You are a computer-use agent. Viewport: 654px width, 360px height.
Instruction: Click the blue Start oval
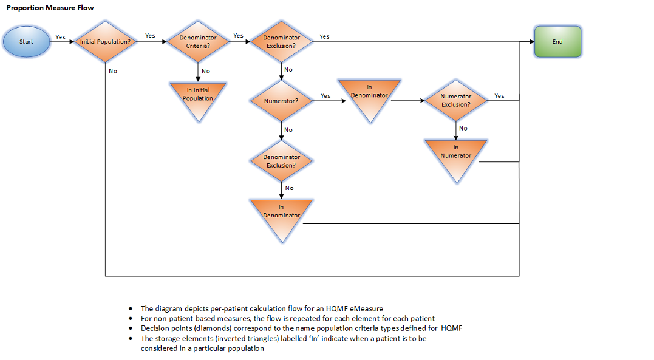(26, 42)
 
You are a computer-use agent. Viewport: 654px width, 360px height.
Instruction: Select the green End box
(557, 42)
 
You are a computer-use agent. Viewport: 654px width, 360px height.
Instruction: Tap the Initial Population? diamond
(105, 42)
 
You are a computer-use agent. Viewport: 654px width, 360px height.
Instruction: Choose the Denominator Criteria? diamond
(198, 42)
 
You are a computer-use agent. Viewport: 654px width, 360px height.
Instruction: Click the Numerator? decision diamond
(282, 101)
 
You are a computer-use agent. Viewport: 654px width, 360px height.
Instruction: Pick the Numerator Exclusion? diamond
(455, 101)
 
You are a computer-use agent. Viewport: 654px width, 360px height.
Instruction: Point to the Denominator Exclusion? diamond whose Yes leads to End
(282, 42)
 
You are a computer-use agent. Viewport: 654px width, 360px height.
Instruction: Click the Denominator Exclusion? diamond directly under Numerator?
(282, 161)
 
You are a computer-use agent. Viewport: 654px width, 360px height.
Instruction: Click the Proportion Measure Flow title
(50, 8)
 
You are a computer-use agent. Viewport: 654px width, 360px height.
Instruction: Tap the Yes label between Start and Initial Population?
(60, 37)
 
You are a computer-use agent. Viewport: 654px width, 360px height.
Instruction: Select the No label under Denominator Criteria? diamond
(206, 71)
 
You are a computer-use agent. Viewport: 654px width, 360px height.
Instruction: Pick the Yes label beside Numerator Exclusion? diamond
(499, 96)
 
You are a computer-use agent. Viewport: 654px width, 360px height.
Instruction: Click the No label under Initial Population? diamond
(113, 71)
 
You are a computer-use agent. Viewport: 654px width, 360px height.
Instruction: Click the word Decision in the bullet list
(154, 328)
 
